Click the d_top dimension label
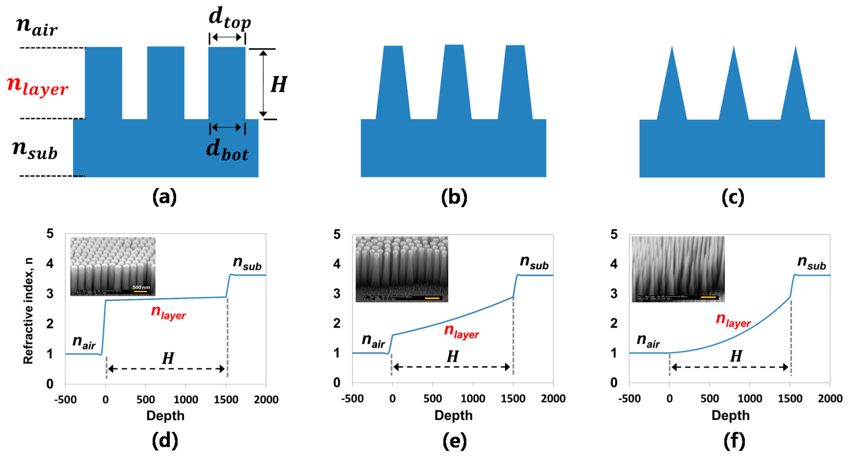229,18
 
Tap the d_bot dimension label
227,150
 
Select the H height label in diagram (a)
278,85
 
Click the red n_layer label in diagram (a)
37,86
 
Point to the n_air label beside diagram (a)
37,26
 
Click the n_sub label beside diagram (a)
35,150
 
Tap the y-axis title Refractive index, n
29,311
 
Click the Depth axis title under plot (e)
453,415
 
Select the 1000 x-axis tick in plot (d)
186,399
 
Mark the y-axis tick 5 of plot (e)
337,234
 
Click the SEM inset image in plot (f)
678,269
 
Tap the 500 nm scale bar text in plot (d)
141,287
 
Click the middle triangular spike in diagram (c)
734,86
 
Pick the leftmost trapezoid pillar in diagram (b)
393,84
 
